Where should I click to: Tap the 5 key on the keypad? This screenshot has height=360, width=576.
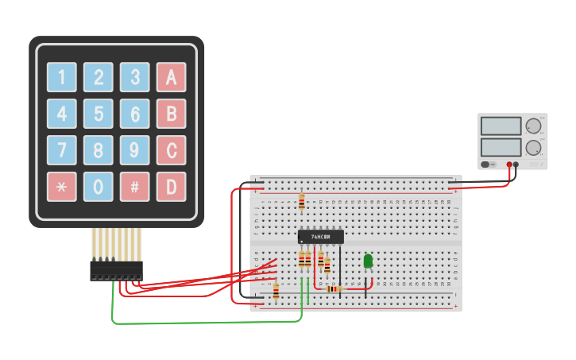click(x=99, y=113)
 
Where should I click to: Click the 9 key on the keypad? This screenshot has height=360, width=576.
click(x=135, y=149)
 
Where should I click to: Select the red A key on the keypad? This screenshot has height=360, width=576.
click(x=171, y=77)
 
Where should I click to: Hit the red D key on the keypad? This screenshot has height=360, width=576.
click(x=171, y=186)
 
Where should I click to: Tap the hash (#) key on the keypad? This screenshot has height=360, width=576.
click(x=135, y=186)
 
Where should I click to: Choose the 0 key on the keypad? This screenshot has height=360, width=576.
click(x=99, y=186)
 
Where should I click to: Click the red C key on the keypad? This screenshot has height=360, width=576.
click(x=171, y=149)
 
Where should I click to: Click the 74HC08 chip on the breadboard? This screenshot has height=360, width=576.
click(x=321, y=237)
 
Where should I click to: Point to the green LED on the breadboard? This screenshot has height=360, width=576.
click(x=368, y=261)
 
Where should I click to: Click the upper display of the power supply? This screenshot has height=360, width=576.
click(x=501, y=126)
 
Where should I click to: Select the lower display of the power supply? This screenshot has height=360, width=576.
click(x=501, y=148)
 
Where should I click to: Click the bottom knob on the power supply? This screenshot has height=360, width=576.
click(x=534, y=148)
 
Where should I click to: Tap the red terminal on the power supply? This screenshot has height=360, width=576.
click(x=509, y=165)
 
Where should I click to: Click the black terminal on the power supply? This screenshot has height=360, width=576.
click(x=516, y=165)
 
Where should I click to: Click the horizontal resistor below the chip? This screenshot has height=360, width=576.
click(x=334, y=288)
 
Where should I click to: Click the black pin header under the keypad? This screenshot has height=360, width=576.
click(x=116, y=271)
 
